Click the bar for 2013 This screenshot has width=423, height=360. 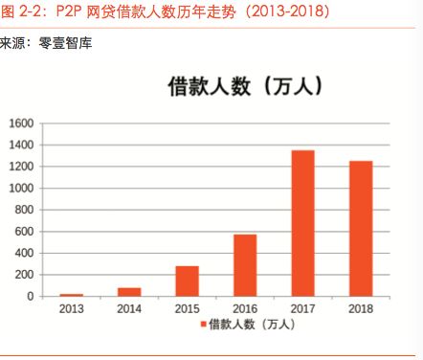(71, 295)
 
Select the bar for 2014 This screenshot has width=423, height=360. (129, 292)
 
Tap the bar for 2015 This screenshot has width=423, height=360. (187, 281)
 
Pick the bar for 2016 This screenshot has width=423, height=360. (245, 265)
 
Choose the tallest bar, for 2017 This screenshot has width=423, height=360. (302, 223)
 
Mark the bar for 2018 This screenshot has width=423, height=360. (361, 229)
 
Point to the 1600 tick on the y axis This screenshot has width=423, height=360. (22, 124)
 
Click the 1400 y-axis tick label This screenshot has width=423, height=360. (22, 146)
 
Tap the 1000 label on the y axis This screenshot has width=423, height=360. (22, 189)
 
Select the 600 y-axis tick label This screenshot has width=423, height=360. (25, 232)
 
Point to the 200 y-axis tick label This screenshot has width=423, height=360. (25, 275)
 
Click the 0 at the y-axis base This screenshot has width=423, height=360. (31, 297)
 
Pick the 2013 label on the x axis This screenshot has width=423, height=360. (71, 309)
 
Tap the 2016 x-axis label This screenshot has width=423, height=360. (245, 309)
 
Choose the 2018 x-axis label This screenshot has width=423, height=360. (361, 309)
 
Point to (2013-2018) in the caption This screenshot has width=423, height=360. (278, 13)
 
